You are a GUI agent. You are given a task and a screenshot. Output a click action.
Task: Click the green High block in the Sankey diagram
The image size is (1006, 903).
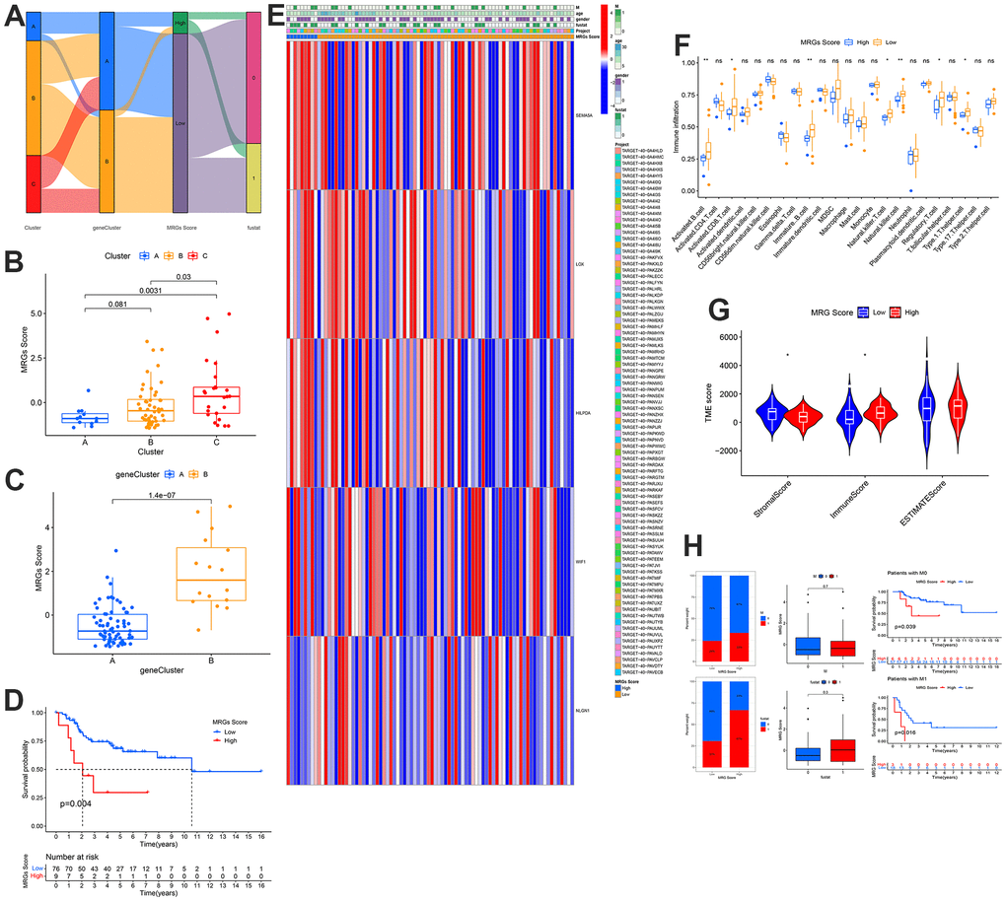pos(180,22)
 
